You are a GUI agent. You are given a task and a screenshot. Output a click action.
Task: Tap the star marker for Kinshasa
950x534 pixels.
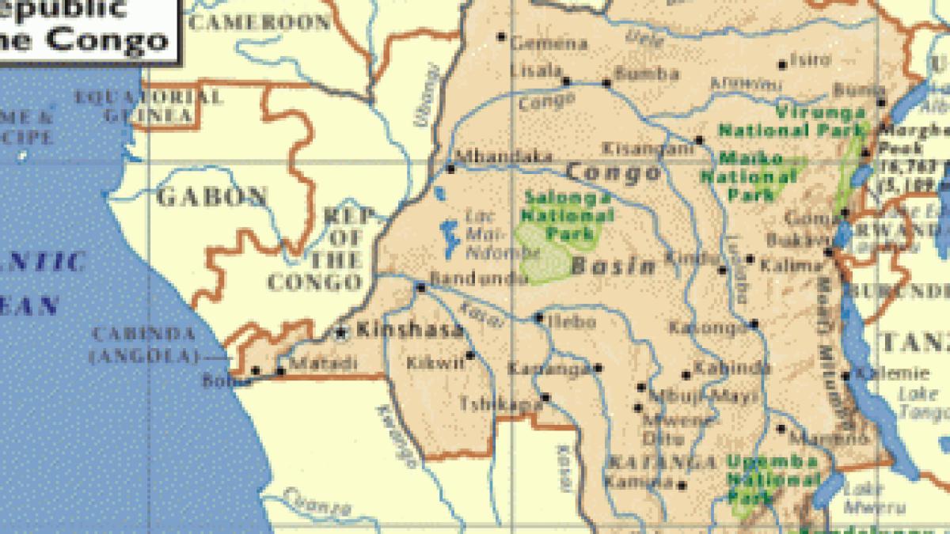[342, 333]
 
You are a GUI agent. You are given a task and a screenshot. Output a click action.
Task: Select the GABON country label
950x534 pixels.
[212, 196]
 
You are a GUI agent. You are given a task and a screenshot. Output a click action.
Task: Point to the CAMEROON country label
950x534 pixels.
[260, 23]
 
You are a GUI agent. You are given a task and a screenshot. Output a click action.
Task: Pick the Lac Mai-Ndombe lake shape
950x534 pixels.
[448, 238]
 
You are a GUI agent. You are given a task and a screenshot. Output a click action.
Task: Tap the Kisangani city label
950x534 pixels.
[648, 148]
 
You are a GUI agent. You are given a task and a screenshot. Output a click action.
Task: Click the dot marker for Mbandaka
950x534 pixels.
[451, 168]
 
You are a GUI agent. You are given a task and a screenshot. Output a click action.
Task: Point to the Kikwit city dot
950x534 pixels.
[470, 355]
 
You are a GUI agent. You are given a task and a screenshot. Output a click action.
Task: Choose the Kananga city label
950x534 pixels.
[549, 369]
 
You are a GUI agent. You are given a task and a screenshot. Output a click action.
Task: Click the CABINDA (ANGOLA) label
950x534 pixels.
[142, 346]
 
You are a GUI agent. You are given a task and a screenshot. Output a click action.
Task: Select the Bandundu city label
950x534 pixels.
[478, 278]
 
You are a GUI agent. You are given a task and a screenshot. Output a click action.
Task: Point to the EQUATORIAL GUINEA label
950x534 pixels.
[148, 107]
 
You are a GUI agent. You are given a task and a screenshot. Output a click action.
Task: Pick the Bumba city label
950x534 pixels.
[648, 74]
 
